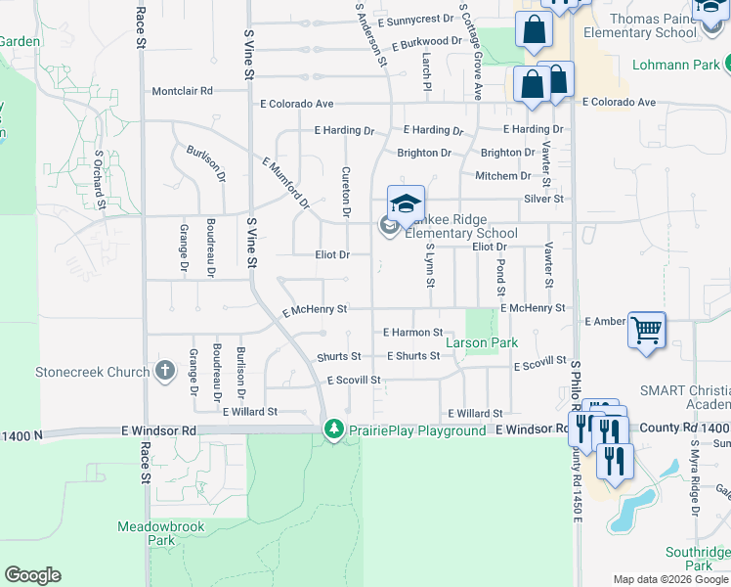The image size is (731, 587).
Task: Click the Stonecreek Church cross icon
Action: [x=164, y=372]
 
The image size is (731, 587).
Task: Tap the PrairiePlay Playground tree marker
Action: [x=334, y=429]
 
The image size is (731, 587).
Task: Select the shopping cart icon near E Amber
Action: [x=646, y=331]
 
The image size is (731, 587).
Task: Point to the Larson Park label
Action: [x=482, y=343]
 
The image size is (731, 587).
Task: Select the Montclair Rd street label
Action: [x=182, y=91]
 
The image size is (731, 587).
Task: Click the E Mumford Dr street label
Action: [x=285, y=182]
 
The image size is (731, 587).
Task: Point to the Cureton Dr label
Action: [x=346, y=191]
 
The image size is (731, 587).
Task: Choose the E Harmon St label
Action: [x=412, y=333]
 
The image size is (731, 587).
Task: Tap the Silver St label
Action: [x=544, y=199]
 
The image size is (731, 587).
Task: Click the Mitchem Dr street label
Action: [x=502, y=176]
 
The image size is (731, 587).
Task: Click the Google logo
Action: [x=32, y=575]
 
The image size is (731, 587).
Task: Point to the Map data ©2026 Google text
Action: [x=670, y=579]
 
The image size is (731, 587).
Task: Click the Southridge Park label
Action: [x=698, y=559]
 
